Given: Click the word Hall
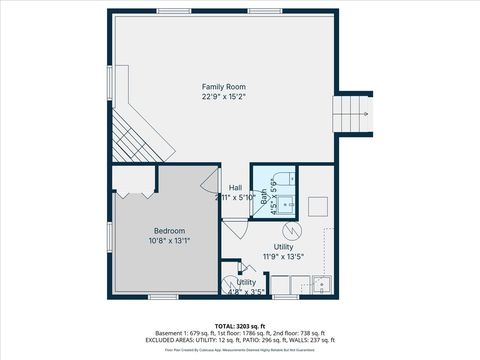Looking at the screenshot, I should point(235,187).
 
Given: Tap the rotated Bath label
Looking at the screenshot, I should point(265,199).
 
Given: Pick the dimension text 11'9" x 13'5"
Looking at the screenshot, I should point(284,256).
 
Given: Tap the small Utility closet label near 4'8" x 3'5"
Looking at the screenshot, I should point(245,283).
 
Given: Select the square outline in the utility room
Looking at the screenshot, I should point(319,206).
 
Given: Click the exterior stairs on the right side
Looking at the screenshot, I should point(352,112).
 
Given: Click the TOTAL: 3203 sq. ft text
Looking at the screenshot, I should point(239,325).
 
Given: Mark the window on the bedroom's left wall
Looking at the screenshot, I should point(109,236).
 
